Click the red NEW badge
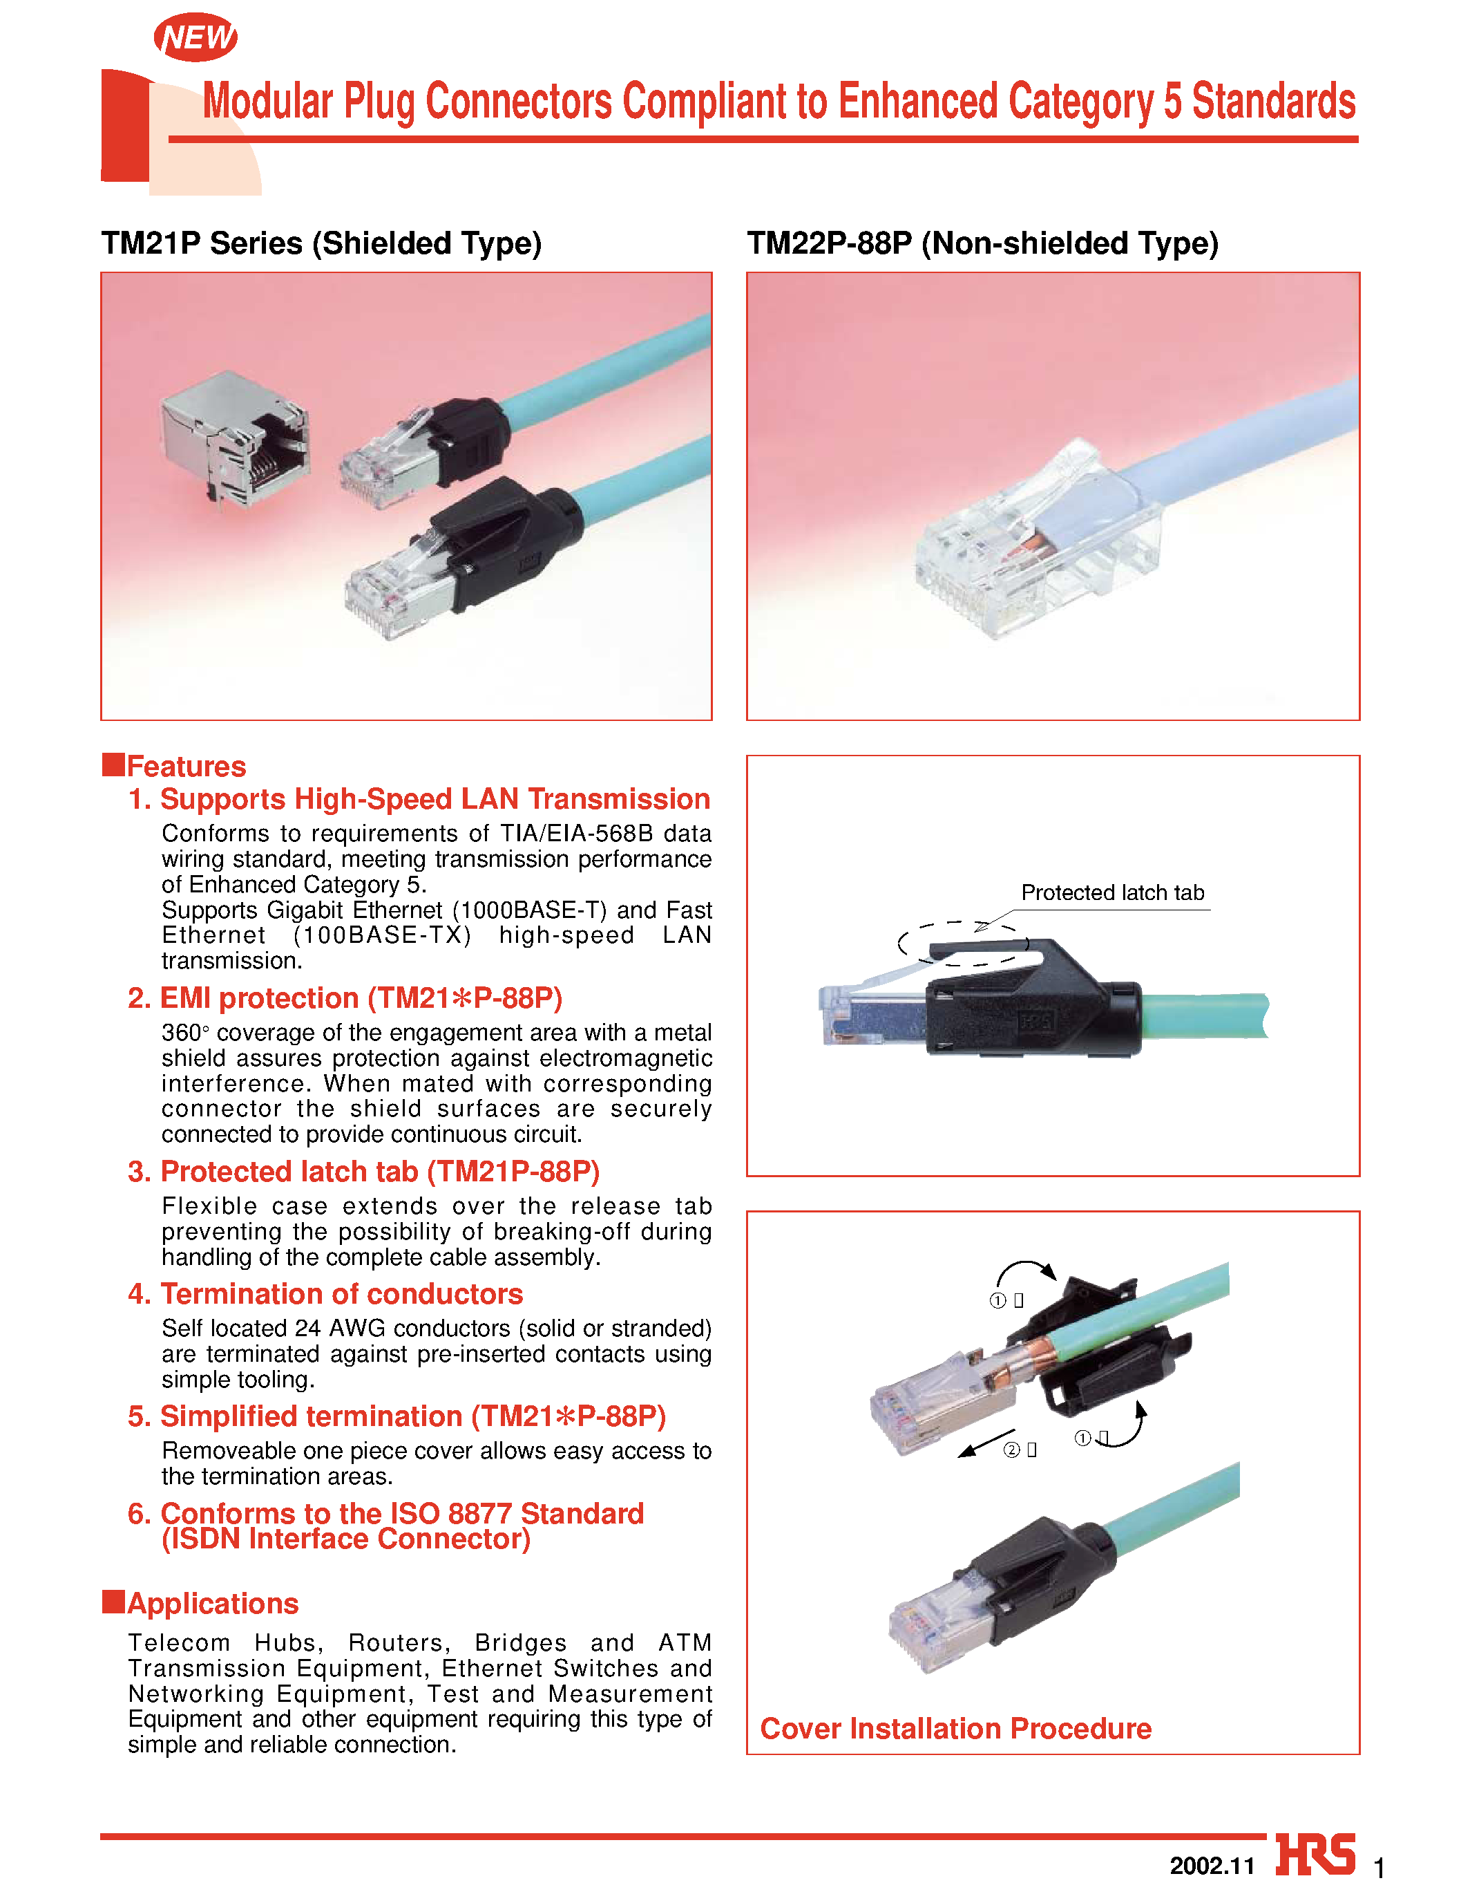pos(195,37)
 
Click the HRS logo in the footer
pos(1315,1855)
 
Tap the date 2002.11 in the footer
pos(1212,1866)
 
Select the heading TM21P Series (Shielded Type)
pos(321,243)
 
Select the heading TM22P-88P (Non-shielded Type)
pos(983,243)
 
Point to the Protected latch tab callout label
pos(1111,893)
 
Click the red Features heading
pos(186,766)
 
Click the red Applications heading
pos(212,1603)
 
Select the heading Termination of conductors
pos(341,1294)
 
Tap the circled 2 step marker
pos(1011,1450)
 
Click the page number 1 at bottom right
pos(1379,1867)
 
